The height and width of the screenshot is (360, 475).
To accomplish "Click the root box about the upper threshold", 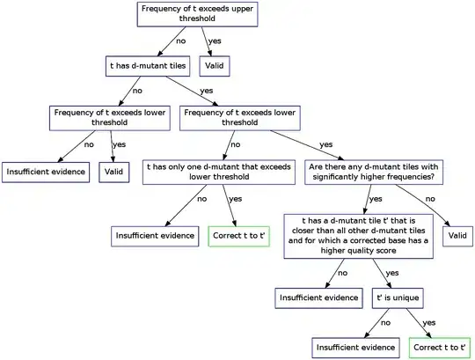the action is click(198, 14).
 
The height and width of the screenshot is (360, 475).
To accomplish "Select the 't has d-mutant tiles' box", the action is click(148, 66).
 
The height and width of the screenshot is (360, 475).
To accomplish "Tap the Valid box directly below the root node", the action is click(215, 66).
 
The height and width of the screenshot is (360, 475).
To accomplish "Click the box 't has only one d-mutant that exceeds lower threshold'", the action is click(219, 173).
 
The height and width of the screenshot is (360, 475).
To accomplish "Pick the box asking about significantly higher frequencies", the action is click(374, 173).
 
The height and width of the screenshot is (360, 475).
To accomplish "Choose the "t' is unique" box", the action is click(398, 298).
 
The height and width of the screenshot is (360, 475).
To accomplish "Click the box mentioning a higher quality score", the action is click(358, 237).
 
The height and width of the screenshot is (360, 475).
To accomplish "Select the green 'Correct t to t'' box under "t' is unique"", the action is click(440, 348).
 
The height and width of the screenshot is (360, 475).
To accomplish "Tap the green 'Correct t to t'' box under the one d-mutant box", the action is click(239, 236).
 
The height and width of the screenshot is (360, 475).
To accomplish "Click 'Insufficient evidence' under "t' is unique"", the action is click(355, 348).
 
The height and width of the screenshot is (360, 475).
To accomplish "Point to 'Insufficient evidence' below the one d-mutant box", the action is click(155, 236).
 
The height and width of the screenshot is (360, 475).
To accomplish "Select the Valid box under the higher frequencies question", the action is click(457, 236).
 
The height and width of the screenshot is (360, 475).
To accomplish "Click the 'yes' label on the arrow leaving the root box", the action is click(215, 40).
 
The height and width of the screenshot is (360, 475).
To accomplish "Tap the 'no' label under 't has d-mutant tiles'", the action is click(137, 91).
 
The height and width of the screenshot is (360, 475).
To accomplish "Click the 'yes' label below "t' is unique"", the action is click(429, 323).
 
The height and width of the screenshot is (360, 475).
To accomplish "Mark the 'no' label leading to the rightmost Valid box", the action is click(430, 199).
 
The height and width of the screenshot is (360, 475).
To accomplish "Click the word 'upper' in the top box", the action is click(243, 9).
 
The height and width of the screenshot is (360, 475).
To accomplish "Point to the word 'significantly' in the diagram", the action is click(333, 177).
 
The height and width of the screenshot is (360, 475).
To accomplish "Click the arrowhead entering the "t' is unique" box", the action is click(389, 285).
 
